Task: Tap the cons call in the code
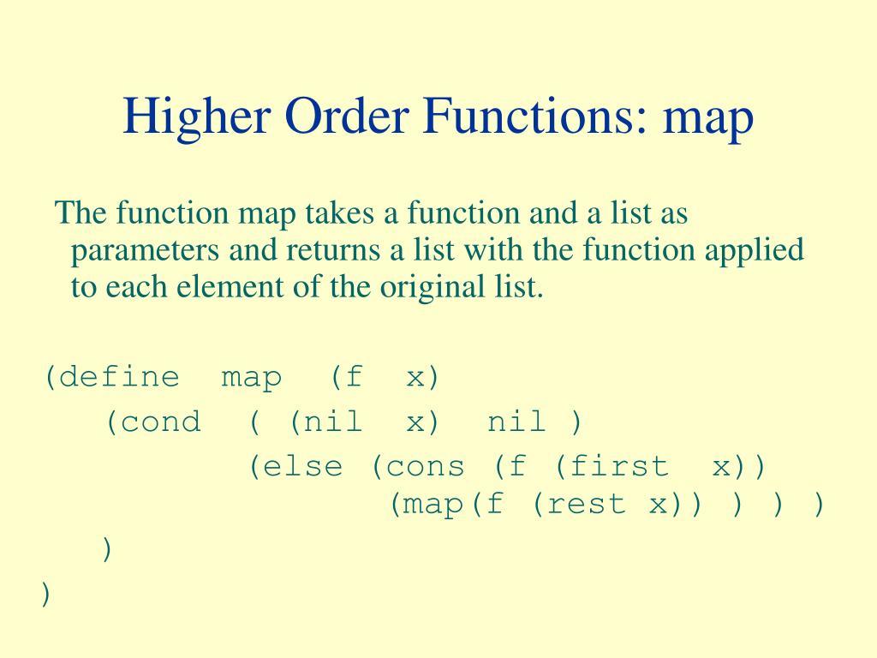(x=426, y=467)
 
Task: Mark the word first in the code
(x=618, y=467)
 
